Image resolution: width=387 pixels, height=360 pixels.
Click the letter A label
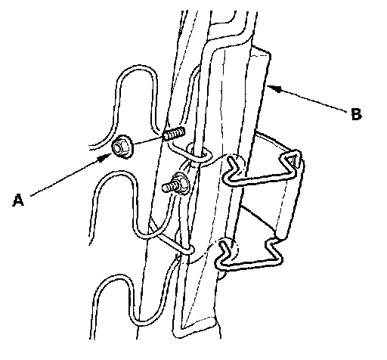[18, 200]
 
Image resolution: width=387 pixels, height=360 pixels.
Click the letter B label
[356, 114]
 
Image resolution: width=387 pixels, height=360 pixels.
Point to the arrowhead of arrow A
[106, 157]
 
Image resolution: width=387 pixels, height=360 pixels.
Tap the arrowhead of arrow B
[274, 88]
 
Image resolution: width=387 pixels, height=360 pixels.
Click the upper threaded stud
[174, 134]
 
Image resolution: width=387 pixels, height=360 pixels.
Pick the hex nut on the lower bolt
[181, 182]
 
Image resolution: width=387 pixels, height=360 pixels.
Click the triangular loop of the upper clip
[292, 159]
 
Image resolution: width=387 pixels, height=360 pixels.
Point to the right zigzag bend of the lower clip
[274, 251]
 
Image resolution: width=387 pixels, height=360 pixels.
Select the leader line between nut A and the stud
[149, 141]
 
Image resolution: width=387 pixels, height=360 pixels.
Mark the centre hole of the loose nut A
[118, 147]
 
